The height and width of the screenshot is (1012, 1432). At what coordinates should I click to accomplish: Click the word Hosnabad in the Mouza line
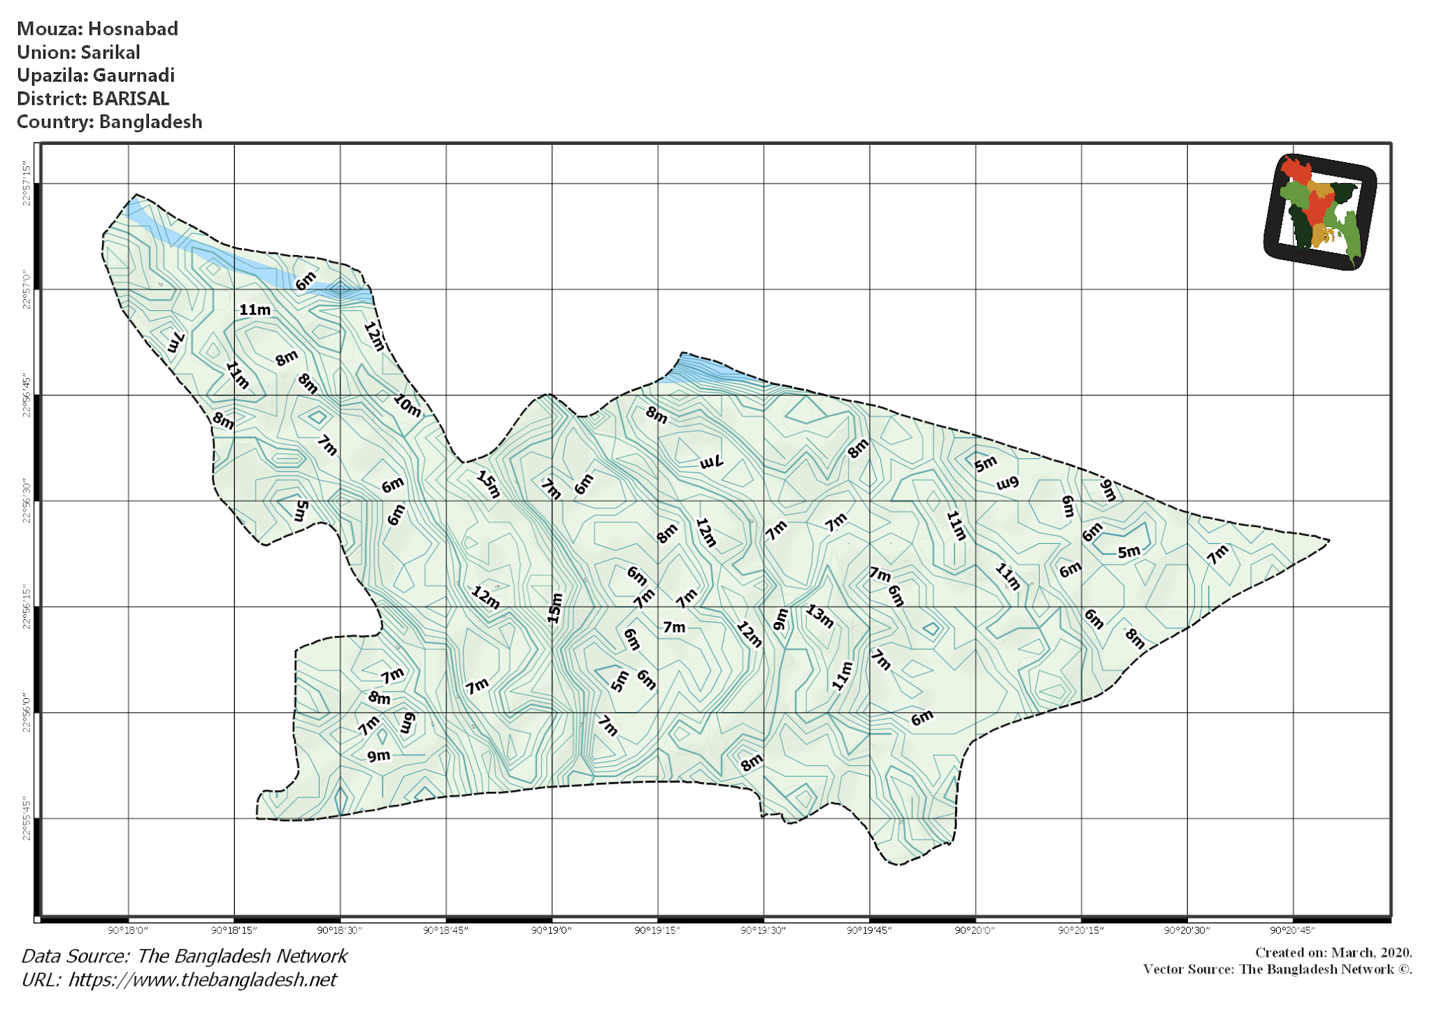(x=133, y=29)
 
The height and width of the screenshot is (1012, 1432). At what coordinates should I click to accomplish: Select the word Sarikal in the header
(x=110, y=52)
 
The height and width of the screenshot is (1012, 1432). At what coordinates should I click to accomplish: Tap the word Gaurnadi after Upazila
(x=134, y=75)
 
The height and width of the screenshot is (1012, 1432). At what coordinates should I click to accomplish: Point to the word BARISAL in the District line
(x=131, y=99)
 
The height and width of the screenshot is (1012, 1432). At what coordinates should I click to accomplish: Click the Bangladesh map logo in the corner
(x=1319, y=212)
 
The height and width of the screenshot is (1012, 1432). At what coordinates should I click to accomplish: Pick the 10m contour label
(x=407, y=405)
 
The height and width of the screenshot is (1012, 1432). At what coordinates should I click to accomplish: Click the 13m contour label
(x=819, y=616)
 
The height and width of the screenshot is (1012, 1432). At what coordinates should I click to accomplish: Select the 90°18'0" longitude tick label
(x=128, y=930)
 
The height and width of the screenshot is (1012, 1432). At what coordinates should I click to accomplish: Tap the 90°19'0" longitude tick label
(x=552, y=930)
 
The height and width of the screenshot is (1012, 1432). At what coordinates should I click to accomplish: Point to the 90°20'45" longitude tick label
(x=1293, y=930)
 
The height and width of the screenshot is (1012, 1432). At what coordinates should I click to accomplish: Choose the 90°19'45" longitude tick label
(x=869, y=930)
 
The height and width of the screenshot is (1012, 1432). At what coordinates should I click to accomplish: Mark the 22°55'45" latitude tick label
(x=27, y=818)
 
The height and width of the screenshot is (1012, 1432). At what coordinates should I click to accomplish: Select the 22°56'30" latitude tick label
(x=27, y=501)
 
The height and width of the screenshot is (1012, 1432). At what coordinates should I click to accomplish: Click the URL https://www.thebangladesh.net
(x=202, y=980)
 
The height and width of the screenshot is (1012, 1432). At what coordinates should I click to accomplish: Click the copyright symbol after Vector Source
(x=1404, y=969)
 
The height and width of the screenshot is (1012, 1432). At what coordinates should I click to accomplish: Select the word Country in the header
(x=55, y=122)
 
